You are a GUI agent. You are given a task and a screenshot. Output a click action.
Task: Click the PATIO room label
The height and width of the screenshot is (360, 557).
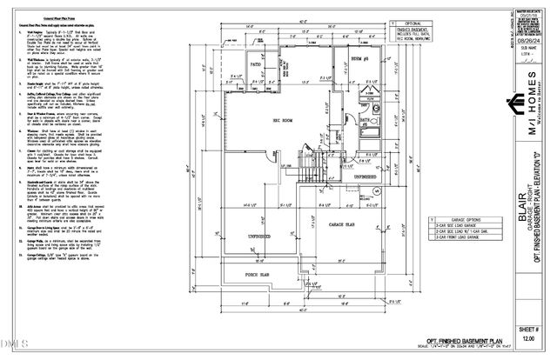(x=257, y=64)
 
